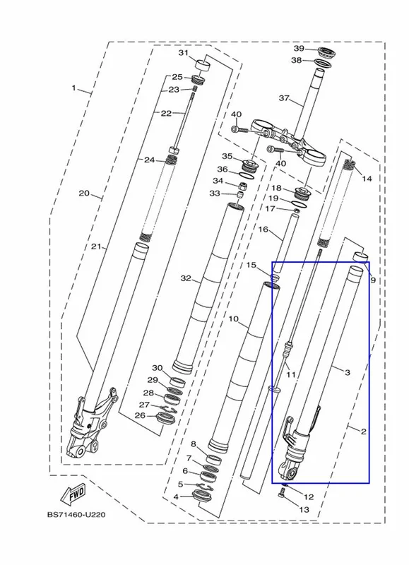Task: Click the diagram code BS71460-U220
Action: pos(76,515)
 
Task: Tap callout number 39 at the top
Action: pos(299,49)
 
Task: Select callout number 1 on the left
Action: pos(74,88)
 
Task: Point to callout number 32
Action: pos(186,278)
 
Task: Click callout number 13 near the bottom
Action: pos(304,509)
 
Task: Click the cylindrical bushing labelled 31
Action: pos(203,66)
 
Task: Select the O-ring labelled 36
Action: pos(247,175)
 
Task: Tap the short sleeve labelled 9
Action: pos(361,257)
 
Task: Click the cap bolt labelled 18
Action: pos(303,194)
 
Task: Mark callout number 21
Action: pos(95,246)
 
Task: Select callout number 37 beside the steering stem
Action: pos(284,97)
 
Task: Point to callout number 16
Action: pos(263,229)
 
